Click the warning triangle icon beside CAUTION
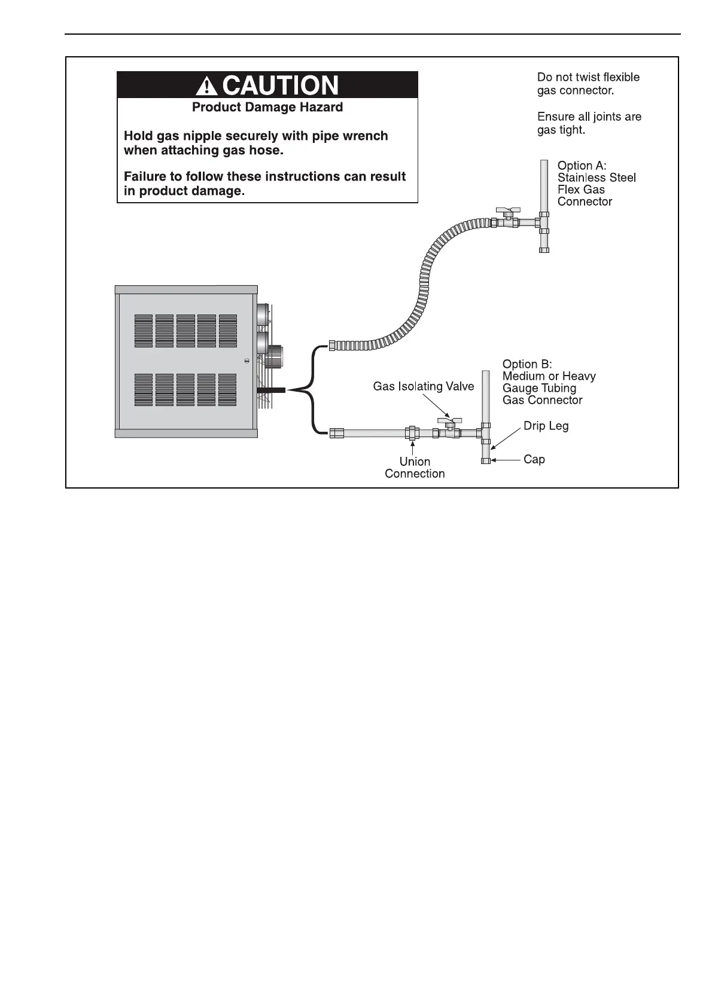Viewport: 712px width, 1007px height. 206,86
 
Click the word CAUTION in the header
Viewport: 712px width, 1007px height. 280,86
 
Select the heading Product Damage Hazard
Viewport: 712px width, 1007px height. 267,108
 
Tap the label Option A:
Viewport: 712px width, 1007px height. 582,166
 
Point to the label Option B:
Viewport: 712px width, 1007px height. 527,364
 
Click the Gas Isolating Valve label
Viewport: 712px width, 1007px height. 423,386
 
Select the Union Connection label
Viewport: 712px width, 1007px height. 415,468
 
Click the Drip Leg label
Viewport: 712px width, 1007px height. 546,426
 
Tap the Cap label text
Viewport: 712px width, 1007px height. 534,459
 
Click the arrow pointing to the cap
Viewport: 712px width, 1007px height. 506,460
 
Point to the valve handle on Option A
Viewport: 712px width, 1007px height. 509,211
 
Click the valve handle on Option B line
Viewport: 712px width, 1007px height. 449,421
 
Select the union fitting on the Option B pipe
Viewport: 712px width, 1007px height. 412,432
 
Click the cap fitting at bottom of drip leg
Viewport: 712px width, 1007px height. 486,460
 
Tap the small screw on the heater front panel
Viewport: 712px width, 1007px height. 247,361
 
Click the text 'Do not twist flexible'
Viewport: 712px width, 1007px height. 588,77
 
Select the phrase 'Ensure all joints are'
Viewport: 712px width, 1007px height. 589,117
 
